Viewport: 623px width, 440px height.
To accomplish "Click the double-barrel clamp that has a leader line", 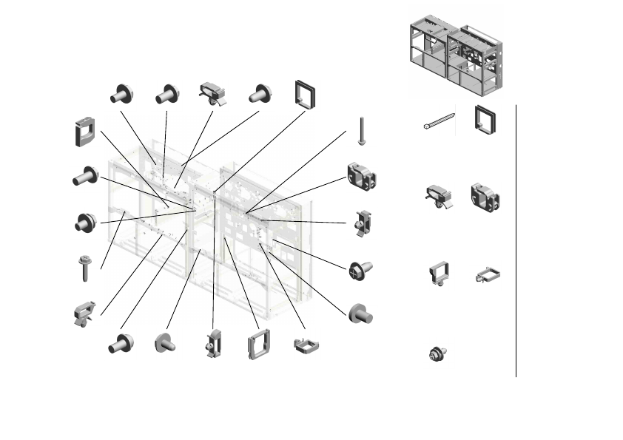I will (361, 177).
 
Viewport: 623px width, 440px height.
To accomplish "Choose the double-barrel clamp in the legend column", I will (485, 197).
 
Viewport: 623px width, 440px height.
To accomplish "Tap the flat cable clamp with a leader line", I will (305, 345).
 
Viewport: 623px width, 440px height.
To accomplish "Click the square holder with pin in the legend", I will (437, 274).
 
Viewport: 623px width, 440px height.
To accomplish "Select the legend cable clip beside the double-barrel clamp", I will (438, 197).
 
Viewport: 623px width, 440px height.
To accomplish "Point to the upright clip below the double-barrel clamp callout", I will (363, 223).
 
